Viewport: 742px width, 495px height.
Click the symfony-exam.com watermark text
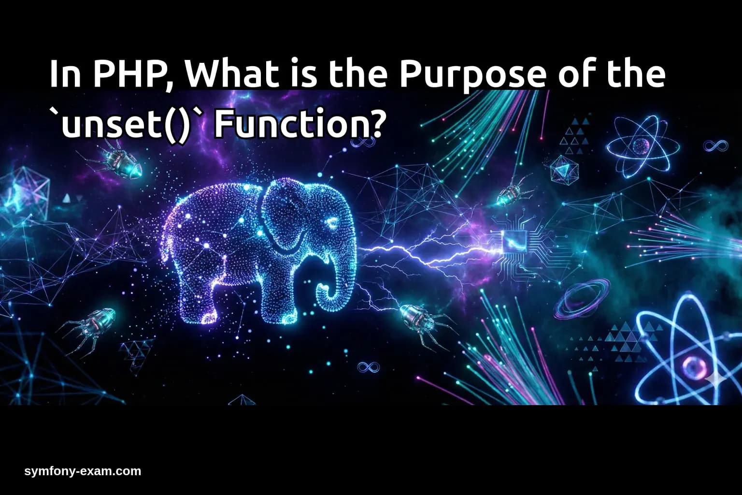pyautogui.click(x=83, y=471)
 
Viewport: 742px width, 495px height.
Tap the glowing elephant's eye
pyautogui.click(x=332, y=223)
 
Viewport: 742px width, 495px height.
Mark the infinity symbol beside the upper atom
pyautogui.click(x=715, y=145)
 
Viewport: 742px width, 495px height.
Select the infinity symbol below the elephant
pyautogui.click(x=368, y=367)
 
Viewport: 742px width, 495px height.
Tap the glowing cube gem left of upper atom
pyautogui.click(x=564, y=169)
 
